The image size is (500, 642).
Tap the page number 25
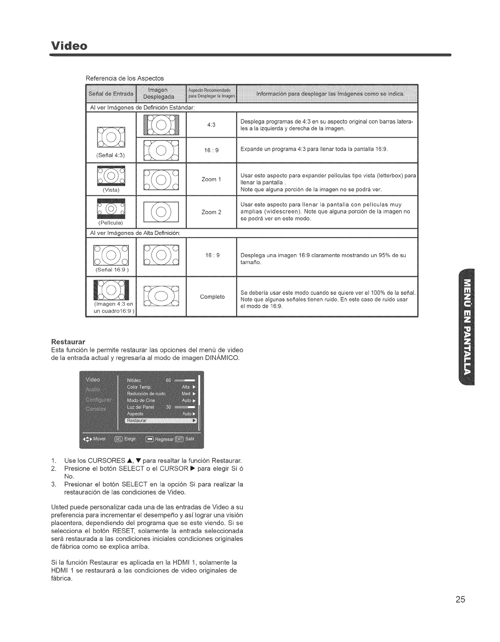click(x=460, y=600)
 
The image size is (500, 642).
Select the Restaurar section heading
click(x=68, y=342)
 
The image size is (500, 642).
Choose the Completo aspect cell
click(x=212, y=297)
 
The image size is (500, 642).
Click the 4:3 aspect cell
click(x=211, y=125)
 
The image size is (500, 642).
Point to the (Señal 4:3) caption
click(x=110, y=155)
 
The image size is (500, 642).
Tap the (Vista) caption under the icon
click(x=111, y=190)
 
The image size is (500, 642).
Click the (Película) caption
click(x=110, y=223)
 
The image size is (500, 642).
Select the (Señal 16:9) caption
click(x=110, y=270)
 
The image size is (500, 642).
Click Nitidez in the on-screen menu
click(x=134, y=380)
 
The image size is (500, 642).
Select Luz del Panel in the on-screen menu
click(x=140, y=407)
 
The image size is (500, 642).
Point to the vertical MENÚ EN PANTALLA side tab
click(x=467, y=327)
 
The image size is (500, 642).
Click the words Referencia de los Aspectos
click(x=125, y=78)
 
